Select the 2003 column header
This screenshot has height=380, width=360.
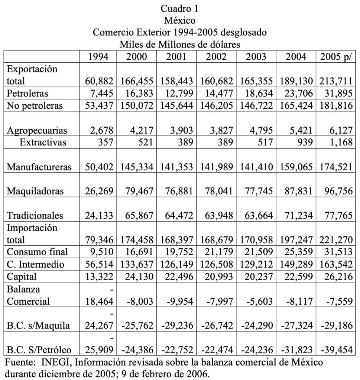coord(256,57)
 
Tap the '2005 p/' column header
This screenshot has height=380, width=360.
coord(335,57)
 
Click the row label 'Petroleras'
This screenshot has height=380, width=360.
coord(27,93)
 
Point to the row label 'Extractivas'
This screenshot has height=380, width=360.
coord(43,142)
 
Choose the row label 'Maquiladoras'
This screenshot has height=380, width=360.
coord(35,191)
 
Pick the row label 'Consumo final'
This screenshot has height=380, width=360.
coord(38,252)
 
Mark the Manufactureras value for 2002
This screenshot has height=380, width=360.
coord(216,167)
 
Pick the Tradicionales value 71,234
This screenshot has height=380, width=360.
coord(296,216)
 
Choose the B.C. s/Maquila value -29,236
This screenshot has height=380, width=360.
coord(176,325)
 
